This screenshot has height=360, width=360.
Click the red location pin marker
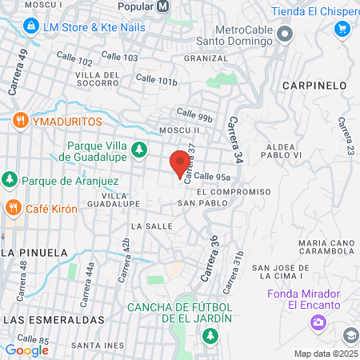click(178, 163)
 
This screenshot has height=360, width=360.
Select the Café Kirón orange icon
click(13, 208)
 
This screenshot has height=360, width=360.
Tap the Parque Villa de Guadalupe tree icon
click(139, 148)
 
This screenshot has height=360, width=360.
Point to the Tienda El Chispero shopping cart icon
click(342, 28)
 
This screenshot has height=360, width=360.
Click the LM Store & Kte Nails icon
click(30, 26)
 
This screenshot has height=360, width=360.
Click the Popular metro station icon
click(163, 6)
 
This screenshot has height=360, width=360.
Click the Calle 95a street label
click(213, 177)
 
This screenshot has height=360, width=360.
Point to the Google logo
click(26, 350)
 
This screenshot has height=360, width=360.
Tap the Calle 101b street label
click(156, 80)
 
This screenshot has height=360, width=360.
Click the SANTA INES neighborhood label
click(97, 345)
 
